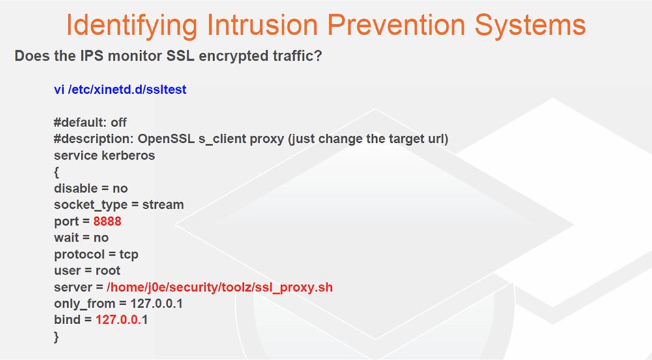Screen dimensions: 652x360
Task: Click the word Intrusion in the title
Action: (x=262, y=25)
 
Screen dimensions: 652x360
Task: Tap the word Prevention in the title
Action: (x=397, y=25)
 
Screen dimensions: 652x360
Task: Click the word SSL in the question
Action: (x=180, y=55)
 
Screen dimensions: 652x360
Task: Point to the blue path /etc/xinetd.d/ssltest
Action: (x=127, y=89)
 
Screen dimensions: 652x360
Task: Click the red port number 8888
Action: (x=108, y=221)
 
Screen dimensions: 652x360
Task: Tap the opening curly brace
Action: (x=57, y=172)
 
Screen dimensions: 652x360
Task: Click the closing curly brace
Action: (x=57, y=337)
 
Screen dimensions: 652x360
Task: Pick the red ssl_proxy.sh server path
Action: (x=220, y=287)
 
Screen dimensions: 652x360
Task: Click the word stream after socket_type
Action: (x=163, y=205)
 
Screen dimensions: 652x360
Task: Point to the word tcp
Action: (x=129, y=254)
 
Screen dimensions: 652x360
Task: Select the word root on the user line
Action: (x=108, y=271)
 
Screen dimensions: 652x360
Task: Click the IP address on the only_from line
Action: (x=156, y=303)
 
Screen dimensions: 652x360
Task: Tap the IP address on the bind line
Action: (x=121, y=320)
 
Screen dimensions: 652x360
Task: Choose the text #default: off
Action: (x=90, y=122)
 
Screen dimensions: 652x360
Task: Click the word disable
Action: (x=76, y=188)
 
